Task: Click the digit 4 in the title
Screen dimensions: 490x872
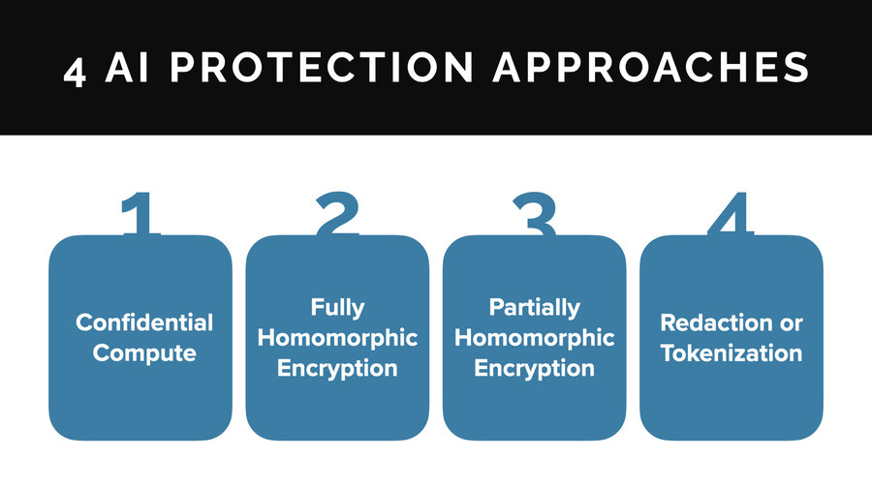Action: point(74,70)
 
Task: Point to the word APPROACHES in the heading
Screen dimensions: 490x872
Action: point(650,69)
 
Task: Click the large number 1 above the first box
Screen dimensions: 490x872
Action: point(140,215)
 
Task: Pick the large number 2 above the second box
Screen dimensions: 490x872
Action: point(337,215)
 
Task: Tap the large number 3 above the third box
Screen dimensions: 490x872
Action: point(534,215)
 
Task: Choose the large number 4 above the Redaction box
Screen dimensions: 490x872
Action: point(731,215)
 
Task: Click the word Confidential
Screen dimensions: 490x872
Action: point(144,322)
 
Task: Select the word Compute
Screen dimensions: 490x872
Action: point(144,352)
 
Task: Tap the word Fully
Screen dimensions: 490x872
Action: point(337,307)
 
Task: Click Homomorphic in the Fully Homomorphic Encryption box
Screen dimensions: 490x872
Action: point(337,338)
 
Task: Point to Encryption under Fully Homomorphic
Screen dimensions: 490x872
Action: point(337,368)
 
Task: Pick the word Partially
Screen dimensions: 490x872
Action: point(535,307)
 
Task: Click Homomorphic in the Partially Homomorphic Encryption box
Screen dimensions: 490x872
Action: point(535,338)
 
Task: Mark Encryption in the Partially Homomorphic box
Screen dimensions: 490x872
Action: point(535,368)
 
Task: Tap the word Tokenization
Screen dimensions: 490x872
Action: point(732,352)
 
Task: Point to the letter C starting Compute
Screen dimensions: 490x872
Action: point(101,352)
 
